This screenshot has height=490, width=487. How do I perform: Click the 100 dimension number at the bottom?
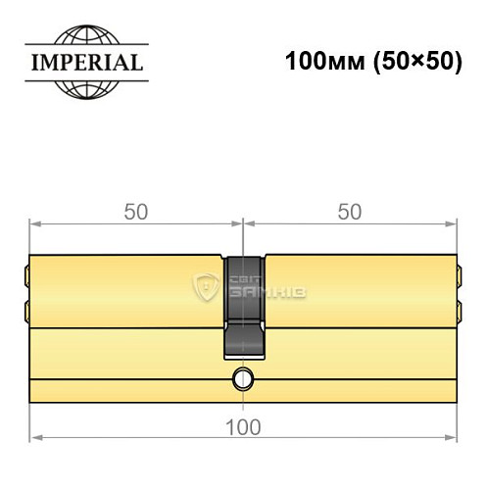[x=242, y=426]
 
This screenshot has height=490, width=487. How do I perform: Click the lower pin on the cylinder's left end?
[x=25, y=312]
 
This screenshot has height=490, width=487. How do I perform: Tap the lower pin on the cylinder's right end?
[x=458, y=312]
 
